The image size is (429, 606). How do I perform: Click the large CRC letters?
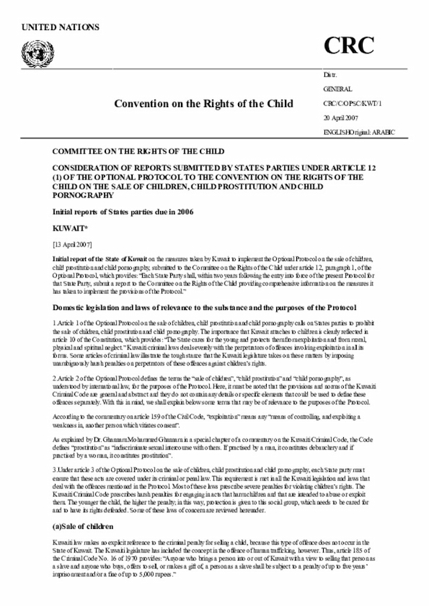click(353, 46)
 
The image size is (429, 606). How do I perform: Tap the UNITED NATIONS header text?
click(60, 27)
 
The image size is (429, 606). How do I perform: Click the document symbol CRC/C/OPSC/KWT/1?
click(358, 104)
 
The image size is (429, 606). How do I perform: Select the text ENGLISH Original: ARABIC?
click(359, 132)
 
